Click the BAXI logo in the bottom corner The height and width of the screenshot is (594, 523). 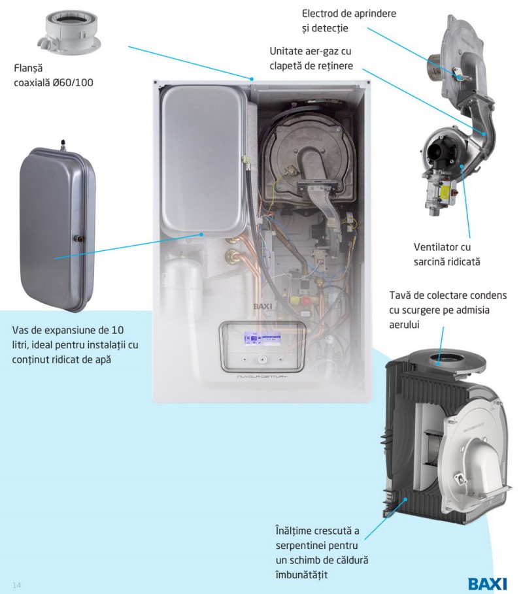click(x=488, y=584)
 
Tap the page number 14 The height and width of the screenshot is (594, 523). click(x=17, y=586)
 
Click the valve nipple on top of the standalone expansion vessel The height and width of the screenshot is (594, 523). click(x=63, y=144)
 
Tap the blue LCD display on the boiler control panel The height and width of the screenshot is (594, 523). click(x=262, y=338)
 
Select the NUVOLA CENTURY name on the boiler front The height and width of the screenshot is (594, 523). click(x=262, y=376)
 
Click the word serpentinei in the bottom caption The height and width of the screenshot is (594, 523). click(x=300, y=546)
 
